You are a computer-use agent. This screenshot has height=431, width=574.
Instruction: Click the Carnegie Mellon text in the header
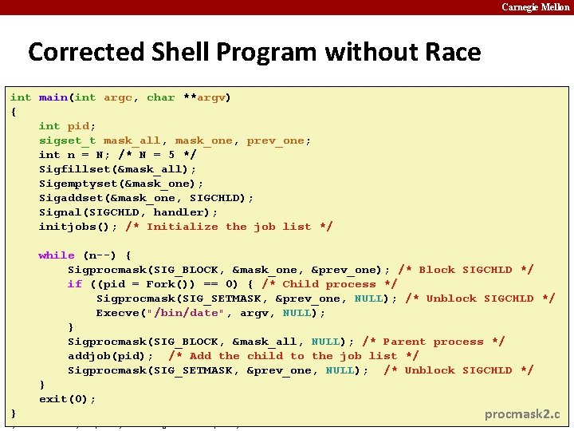click(536, 7)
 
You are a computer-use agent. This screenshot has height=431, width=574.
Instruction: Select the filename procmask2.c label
click(523, 414)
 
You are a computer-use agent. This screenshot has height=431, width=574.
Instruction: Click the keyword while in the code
click(57, 255)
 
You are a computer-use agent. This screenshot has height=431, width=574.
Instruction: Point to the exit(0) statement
click(68, 399)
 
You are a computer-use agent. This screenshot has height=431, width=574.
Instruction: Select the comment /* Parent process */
click(433, 342)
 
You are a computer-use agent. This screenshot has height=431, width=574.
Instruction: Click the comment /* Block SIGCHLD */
click(466, 270)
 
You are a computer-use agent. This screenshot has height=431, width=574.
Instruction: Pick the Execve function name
click(118, 313)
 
